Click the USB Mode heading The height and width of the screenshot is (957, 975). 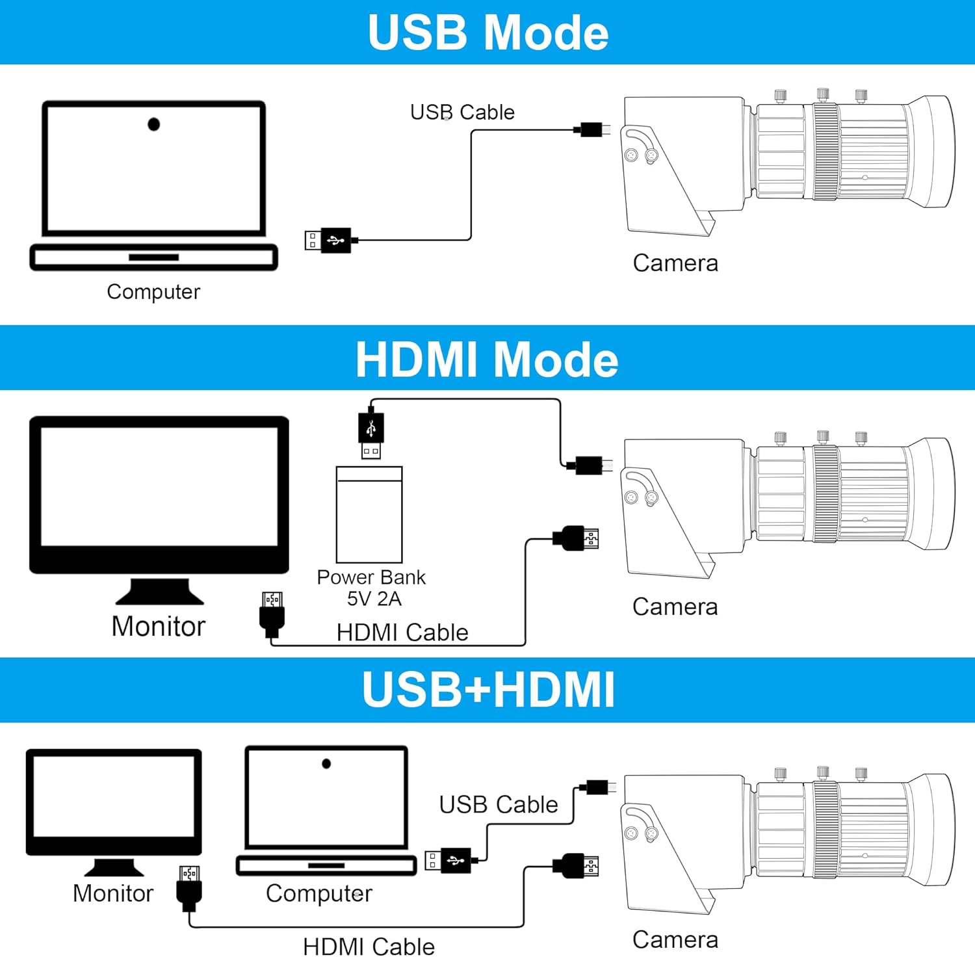[487, 32]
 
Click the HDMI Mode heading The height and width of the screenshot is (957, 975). [487, 359]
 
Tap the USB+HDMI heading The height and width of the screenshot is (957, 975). [488, 689]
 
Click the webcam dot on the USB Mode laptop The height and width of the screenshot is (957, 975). [153, 124]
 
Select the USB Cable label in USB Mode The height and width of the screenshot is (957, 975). [462, 112]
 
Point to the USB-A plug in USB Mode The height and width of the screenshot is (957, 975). [329, 241]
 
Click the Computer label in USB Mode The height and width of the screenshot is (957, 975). [153, 291]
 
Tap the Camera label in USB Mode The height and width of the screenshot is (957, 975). [675, 263]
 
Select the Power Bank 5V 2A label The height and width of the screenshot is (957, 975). [372, 587]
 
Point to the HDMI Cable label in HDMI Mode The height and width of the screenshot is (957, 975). [402, 632]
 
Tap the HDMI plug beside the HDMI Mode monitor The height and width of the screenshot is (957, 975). [272, 613]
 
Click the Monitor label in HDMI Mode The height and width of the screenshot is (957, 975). [158, 626]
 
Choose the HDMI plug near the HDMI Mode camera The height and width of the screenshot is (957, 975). [575, 539]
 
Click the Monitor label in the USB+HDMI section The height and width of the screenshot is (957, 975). [113, 893]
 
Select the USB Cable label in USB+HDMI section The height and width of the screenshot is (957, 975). [499, 804]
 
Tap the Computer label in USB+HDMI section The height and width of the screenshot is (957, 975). [319, 893]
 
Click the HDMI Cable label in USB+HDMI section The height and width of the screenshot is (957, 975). [369, 946]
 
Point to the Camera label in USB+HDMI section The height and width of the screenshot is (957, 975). [675, 939]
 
